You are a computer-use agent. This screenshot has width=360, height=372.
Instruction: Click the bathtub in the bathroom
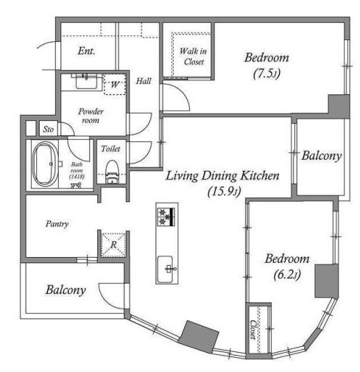[x=44, y=164]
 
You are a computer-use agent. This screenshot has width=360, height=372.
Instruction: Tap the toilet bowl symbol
[x=112, y=172]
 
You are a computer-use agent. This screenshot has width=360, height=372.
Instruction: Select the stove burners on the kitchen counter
[x=167, y=217]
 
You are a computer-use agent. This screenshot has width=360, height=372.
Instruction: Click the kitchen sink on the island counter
[x=165, y=270]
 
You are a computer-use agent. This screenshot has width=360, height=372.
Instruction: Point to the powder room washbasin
[x=86, y=81]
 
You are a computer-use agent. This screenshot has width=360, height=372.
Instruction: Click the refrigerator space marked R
[x=113, y=245]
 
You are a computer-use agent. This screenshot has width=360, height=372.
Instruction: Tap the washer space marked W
[x=115, y=85]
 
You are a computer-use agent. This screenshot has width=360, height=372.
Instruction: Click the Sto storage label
[x=48, y=129]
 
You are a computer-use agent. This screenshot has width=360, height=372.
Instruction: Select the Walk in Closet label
[x=193, y=56]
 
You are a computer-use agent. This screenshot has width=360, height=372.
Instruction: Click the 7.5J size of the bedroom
[x=267, y=73]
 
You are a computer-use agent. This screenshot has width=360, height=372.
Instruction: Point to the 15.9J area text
[x=224, y=192]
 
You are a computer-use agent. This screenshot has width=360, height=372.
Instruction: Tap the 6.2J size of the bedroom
[x=287, y=274]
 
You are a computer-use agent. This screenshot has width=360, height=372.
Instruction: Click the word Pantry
[x=57, y=224]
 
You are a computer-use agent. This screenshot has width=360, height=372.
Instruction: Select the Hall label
[x=144, y=81]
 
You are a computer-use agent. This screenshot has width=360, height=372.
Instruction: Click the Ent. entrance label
[x=86, y=51]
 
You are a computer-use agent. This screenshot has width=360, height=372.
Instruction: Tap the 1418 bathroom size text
[x=77, y=176]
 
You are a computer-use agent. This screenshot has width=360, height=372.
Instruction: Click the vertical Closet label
[x=253, y=329]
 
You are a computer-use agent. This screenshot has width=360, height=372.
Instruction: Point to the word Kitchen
[x=260, y=175]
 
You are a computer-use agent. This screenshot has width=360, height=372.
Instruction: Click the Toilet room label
[x=110, y=149]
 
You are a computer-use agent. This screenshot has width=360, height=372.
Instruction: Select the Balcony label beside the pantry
[x=66, y=290]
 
